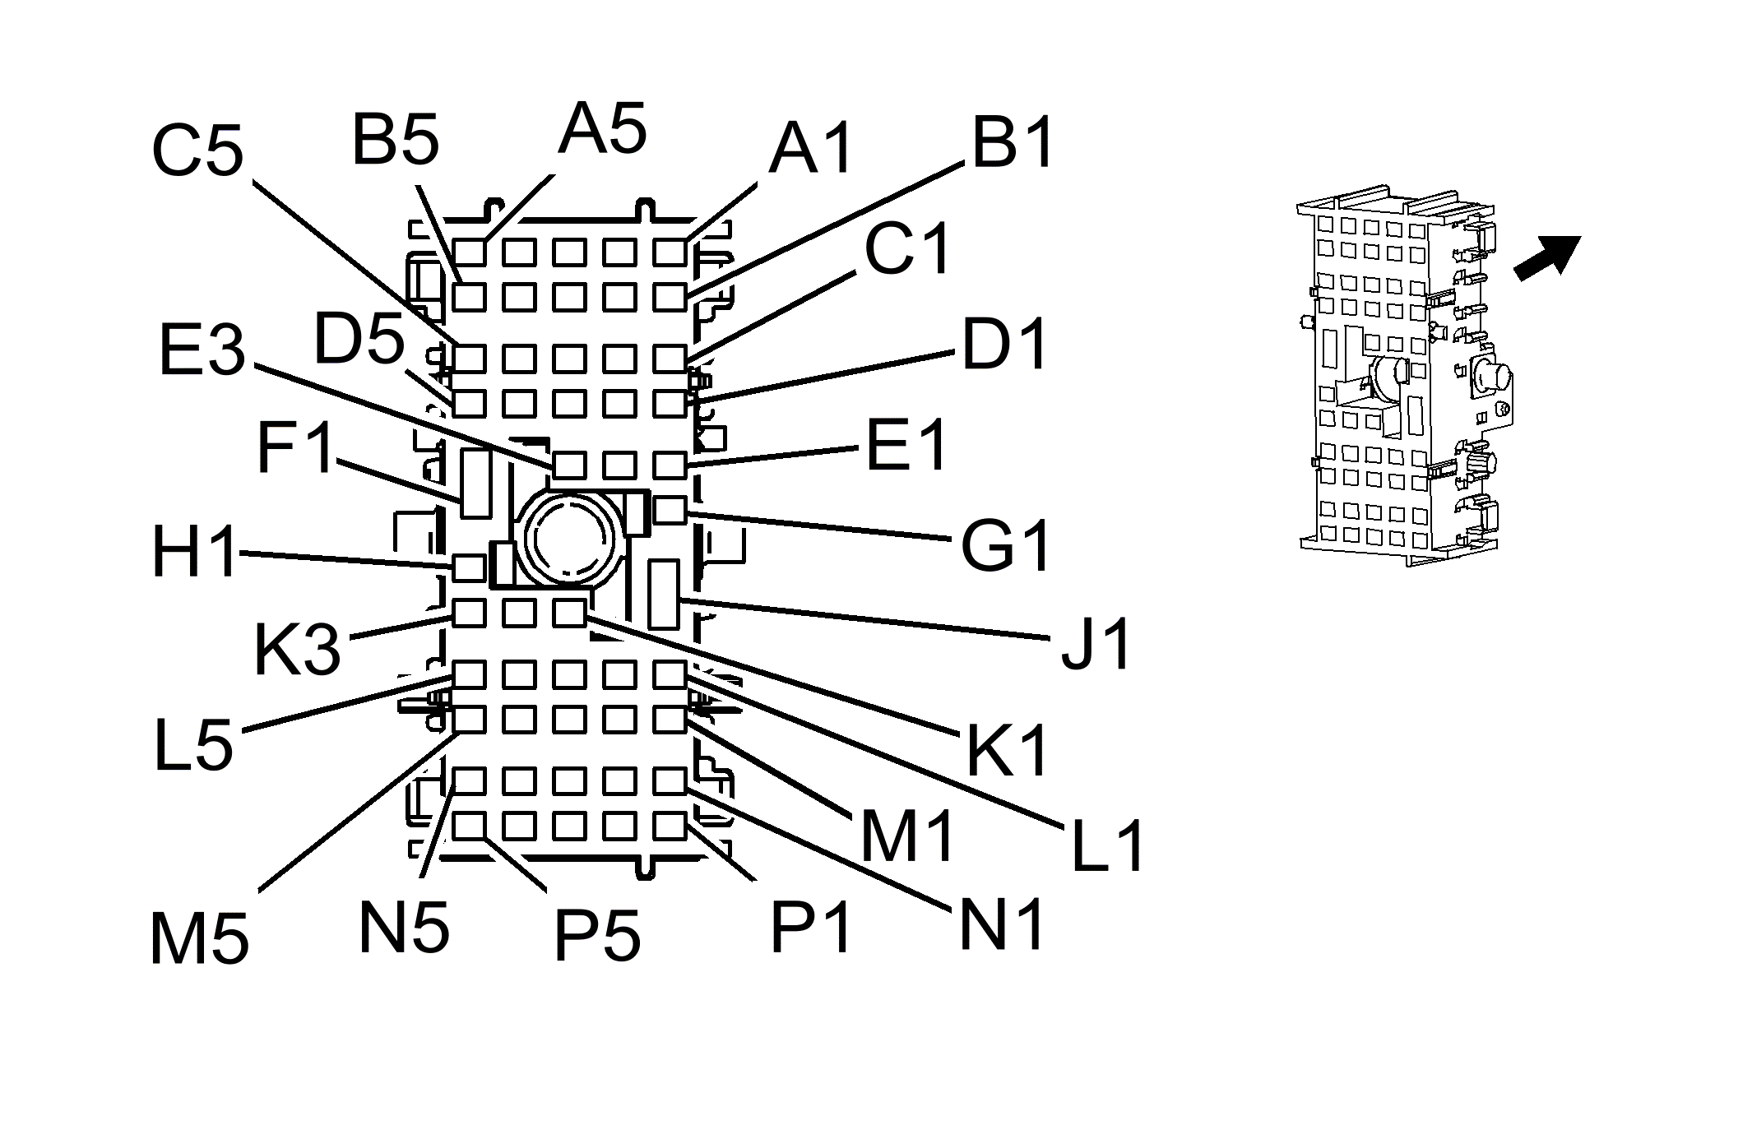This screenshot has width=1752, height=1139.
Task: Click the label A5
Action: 602,129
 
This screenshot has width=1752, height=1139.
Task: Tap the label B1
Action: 1013,142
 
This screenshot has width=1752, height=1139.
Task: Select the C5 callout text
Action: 198,150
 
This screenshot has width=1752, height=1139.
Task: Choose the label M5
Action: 199,939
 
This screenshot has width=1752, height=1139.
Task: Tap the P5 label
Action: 597,935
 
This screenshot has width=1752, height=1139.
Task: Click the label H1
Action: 195,552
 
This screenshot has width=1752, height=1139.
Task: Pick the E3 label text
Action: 202,350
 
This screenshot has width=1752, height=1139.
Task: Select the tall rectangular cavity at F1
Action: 475,483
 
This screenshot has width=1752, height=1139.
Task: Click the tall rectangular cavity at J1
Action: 663,593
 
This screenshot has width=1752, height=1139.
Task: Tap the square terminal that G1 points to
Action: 670,511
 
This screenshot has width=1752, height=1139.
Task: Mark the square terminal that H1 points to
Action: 470,567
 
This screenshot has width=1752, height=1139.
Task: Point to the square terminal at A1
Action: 670,252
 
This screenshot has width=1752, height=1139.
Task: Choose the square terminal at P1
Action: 670,825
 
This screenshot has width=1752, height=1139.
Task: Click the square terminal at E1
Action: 670,465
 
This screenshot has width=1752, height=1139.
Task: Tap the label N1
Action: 1002,924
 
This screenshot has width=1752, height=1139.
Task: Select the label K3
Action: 297,650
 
